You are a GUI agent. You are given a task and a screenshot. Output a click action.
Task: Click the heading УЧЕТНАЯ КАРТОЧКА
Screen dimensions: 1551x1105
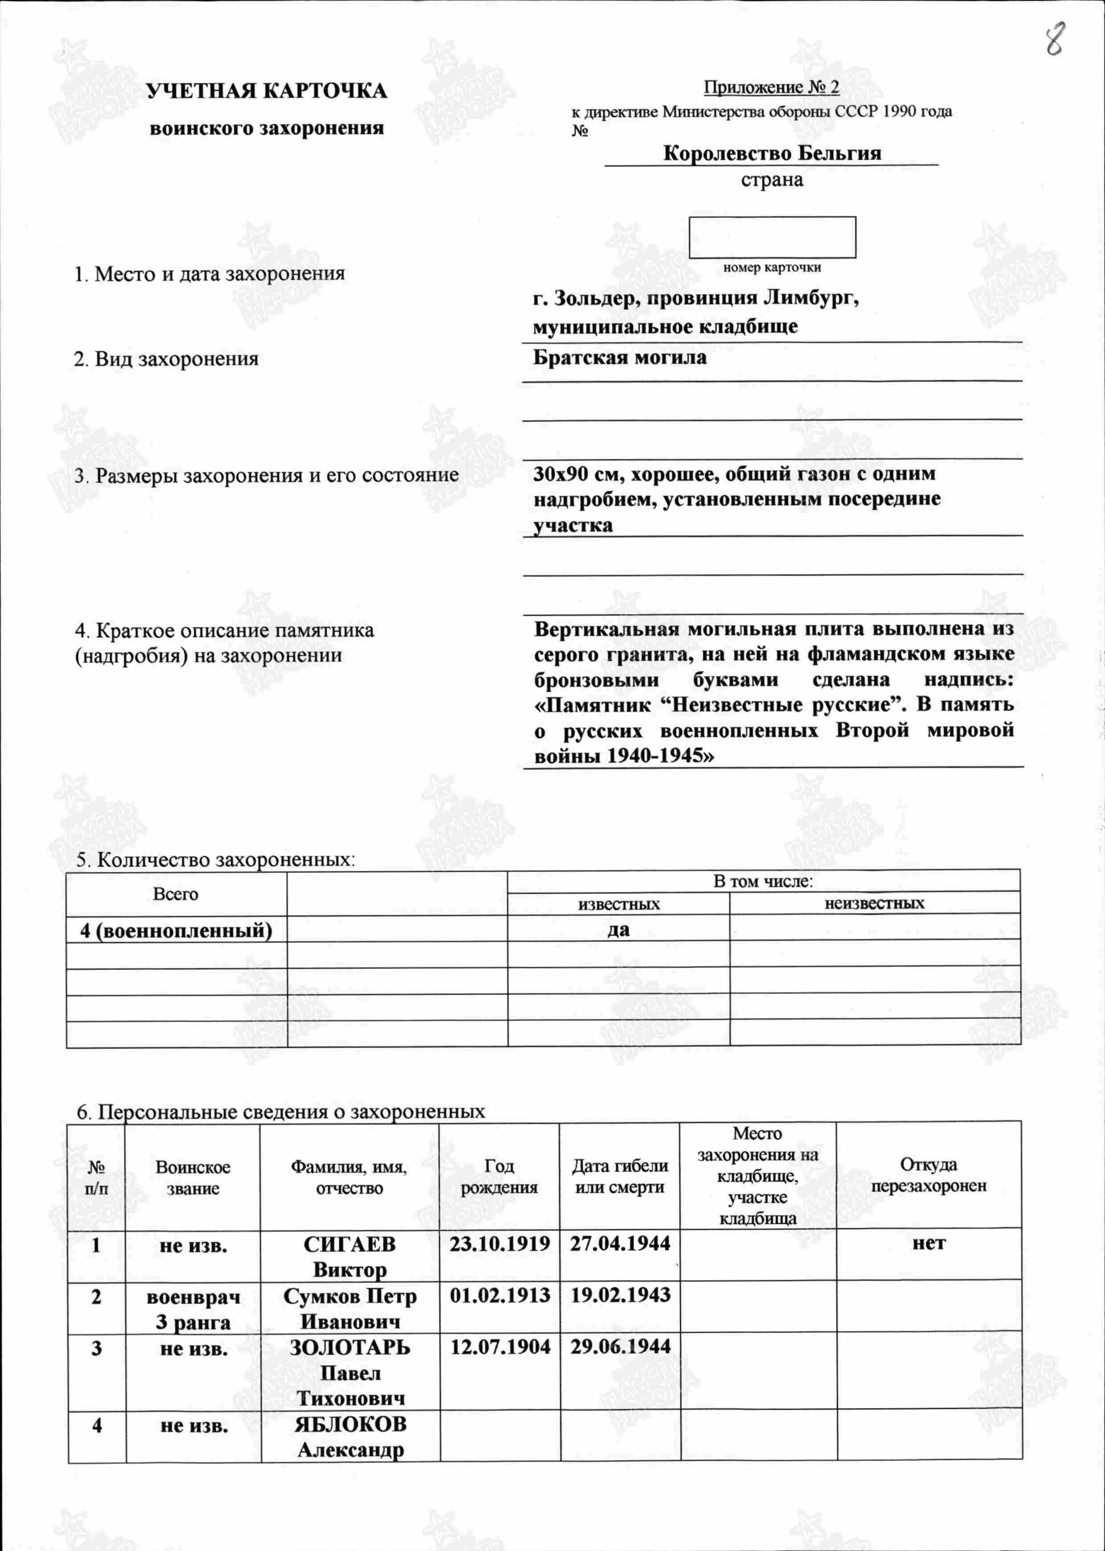[267, 91]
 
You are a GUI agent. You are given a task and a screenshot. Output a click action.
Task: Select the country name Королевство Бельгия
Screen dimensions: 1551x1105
[772, 153]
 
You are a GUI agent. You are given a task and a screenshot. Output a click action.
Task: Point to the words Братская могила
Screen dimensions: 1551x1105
[619, 357]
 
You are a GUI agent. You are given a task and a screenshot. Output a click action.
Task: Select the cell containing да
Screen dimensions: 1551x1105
[618, 929]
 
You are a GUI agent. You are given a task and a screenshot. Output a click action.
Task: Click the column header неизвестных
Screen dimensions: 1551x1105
[874, 903]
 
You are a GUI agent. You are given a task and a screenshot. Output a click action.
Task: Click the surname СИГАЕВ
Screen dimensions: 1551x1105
[349, 1244]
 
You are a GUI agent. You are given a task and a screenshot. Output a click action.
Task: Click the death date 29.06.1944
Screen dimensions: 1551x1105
[620, 1346]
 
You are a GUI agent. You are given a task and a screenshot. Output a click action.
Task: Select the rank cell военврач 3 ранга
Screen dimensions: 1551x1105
[193, 1309]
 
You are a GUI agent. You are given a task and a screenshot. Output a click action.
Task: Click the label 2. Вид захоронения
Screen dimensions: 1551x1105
[166, 359]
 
